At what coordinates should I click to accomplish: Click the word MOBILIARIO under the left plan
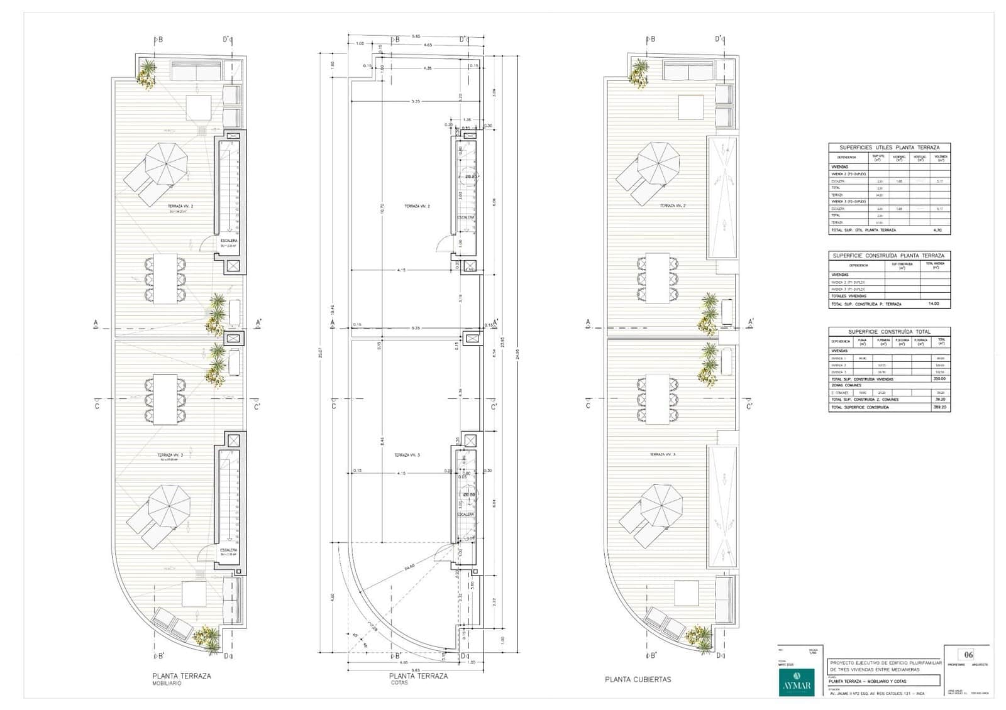click(x=166, y=683)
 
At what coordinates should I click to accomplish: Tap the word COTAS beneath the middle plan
click(x=399, y=682)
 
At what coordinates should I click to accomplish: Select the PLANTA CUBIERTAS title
click(x=638, y=679)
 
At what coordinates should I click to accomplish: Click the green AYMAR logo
click(x=796, y=681)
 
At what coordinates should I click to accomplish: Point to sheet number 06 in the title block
click(x=968, y=655)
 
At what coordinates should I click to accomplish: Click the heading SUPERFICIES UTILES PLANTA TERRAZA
click(x=889, y=148)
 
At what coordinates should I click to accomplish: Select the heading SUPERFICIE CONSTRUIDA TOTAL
click(x=889, y=332)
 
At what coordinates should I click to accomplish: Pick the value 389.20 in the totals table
click(x=941, y=407)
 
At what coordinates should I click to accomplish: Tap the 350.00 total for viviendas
click(x=940, y=379)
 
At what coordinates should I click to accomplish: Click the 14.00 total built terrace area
click(x=934, y=304)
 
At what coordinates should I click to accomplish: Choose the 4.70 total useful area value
click(x=937, y=230)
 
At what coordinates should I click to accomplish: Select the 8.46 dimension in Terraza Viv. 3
click(x=382, y=442)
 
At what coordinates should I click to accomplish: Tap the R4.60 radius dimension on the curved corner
click(x=409, y=566)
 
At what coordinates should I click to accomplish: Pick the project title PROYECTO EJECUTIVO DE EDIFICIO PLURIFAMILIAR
click(x=886, y=663)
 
